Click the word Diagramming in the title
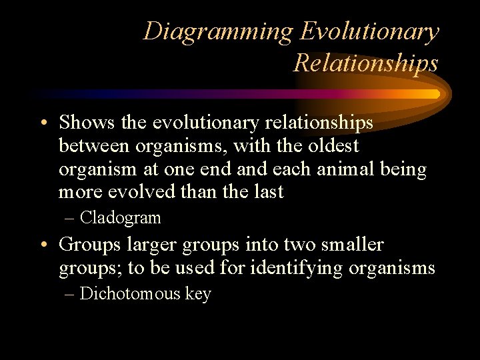pos(218,31)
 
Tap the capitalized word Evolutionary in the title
pos(370,31)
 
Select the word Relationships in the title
pos(366,63)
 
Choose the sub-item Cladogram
pos(120,218)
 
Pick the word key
pos(198,294)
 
